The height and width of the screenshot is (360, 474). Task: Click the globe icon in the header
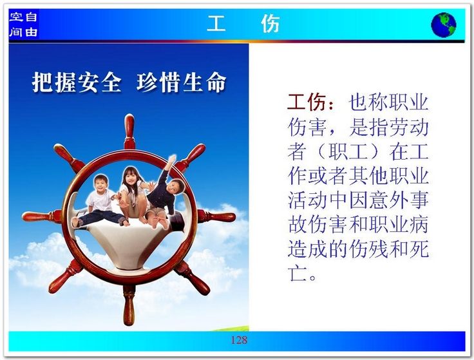444,24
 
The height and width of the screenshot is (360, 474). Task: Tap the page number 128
239,340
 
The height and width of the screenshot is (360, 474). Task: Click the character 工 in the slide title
216,24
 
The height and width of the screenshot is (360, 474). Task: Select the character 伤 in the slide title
270,24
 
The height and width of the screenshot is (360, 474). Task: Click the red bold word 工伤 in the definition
307,102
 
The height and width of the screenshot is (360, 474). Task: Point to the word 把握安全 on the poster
77,82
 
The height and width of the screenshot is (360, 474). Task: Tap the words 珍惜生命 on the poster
182,82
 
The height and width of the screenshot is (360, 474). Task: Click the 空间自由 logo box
24,24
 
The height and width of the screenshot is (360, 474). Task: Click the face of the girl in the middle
131,179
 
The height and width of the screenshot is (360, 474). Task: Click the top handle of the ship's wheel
129,131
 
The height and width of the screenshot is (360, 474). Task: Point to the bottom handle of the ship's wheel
129,305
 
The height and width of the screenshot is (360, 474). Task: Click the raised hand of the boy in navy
172,159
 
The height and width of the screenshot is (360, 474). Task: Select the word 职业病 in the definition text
399,224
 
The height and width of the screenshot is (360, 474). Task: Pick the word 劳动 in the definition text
409,127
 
